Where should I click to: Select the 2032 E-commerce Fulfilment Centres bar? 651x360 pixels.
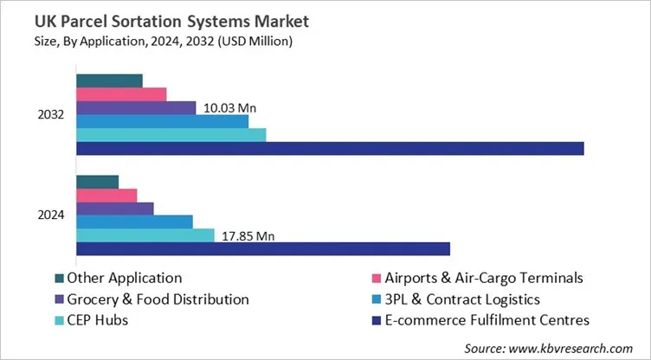330,148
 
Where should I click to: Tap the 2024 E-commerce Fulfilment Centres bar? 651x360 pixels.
263,249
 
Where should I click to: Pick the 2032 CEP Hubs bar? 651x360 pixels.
171,135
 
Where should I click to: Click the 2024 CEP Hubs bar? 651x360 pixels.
145,235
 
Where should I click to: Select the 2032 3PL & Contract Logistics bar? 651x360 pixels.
162,121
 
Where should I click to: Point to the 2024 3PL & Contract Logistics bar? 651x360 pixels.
134,222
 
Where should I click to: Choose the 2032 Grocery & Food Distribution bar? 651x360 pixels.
136,108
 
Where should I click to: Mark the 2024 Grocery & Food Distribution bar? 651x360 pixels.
114,209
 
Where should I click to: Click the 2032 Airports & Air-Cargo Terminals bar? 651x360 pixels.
121,94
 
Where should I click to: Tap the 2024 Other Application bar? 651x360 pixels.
97,182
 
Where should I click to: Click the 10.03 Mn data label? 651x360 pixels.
230,108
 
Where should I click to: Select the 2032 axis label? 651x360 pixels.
50,115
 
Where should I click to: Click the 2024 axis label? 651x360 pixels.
50,215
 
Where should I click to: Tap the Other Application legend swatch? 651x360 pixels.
59,279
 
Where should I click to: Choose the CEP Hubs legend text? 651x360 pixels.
99,320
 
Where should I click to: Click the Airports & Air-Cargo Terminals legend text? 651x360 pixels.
484,279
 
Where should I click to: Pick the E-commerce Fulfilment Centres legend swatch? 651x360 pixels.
376,320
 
